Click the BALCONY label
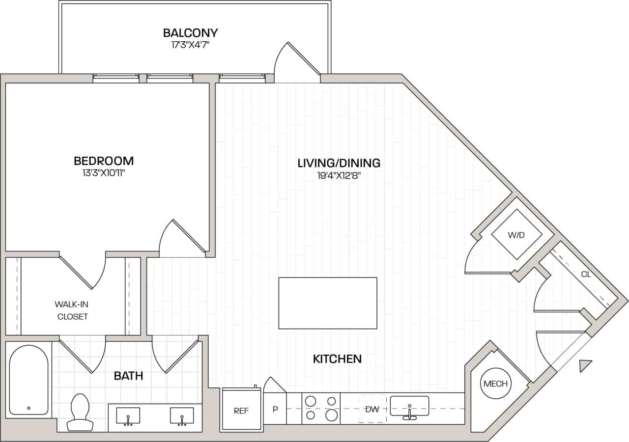[190, 33]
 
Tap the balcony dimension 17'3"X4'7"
[190, 45]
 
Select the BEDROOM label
[104, 161]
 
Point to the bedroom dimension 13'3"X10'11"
[104, 173]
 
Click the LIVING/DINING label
[339, 163]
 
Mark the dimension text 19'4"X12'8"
[339, 175]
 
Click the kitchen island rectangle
[328, 303]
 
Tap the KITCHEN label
[337, 359]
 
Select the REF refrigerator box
[241, 411]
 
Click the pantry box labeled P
[275, 408]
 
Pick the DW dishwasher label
[372, 409]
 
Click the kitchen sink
[409, 407]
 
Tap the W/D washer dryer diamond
[516, 235]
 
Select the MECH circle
[495, 384]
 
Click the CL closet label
[586, 275]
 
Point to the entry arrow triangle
[585, 366]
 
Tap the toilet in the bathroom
[79, 411]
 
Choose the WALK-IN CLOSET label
[73, 310]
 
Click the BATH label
[128, 376]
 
